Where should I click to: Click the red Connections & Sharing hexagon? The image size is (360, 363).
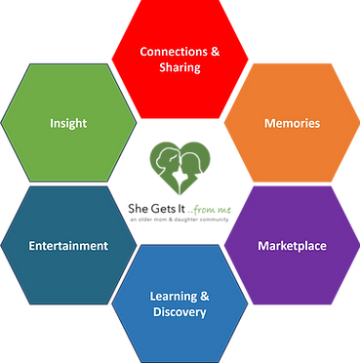180,60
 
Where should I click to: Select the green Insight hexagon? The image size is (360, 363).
68,123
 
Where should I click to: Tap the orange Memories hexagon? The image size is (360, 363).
292,123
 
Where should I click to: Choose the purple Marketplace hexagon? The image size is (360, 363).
292,245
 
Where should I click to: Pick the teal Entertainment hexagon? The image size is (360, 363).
68,245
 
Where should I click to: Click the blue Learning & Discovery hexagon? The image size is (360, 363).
180,303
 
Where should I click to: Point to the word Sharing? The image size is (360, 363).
180,67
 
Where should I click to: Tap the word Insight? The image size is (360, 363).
68,123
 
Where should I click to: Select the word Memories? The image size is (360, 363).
292,123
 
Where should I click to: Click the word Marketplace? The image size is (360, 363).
292,246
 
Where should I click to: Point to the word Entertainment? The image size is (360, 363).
68,246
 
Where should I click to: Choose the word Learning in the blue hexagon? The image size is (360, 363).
174,297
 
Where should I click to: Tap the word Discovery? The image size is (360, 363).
180,312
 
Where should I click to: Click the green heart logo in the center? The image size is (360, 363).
180,168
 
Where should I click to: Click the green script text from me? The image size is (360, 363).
210,210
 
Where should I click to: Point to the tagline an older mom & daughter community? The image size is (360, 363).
180,220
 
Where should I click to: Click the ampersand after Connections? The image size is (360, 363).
215,52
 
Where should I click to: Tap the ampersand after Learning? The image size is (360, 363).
205,297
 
